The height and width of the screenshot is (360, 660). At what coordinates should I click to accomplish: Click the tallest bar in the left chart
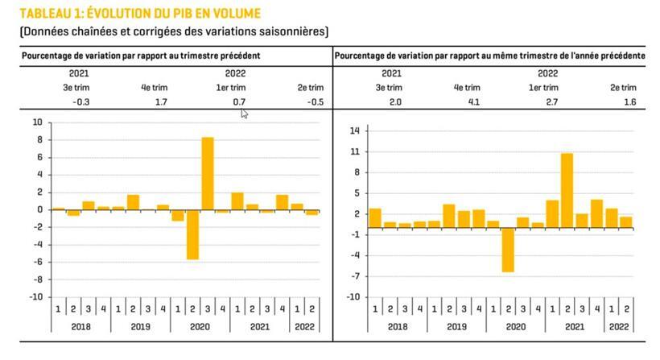point(207,173)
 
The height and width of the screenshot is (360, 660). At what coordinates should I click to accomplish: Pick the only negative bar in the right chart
point(508,250)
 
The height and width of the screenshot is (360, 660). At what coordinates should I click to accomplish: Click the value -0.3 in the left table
point(80,102)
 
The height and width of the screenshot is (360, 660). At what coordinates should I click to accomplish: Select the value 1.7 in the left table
point(160,102)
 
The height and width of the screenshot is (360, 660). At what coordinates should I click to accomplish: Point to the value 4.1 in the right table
point(473,102)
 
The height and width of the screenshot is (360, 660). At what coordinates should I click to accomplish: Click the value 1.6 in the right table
point(629,102)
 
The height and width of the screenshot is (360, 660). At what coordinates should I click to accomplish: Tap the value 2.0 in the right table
point(394,102)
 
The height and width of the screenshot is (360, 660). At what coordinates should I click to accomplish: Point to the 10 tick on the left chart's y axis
point(37,122)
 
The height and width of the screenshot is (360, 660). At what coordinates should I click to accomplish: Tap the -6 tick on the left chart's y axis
point(37,262)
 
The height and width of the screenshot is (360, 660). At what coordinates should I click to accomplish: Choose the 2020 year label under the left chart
point(200,328)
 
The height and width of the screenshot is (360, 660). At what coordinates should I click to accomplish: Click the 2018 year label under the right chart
point(396,328)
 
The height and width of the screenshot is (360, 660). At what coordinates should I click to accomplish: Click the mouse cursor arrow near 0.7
point(244,114)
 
